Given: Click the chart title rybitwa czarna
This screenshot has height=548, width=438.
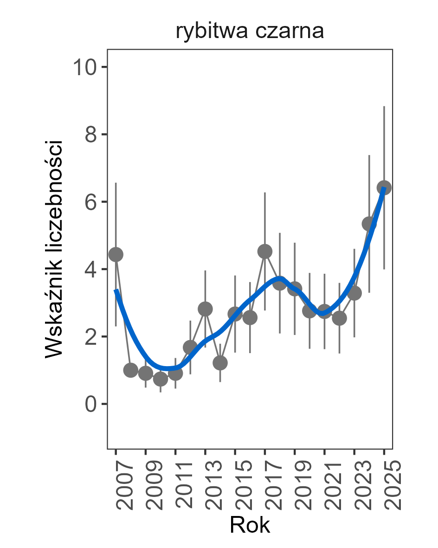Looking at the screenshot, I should pyautogui.click(x=250, y=32).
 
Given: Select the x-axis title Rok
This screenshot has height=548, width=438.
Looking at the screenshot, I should pyautogui.click(x=250, y=525).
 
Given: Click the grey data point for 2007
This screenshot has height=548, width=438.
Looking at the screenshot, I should pyautogui.click(x=116, y=254).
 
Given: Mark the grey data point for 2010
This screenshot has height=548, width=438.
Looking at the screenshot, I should pyautogui.click(x=161, y=379).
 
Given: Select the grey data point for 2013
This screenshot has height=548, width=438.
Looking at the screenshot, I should pyautogui.click(x=206, y=309).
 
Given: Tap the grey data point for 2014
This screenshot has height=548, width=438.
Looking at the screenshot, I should pyautogui.click(x=220, y=363).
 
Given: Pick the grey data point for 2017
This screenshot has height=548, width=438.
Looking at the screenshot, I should pyautogui.click(x=265, y=251).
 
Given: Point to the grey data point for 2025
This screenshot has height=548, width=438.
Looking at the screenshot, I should pyautogui.click(x=384, y=187).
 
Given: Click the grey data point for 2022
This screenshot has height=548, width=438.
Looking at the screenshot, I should pyautogui.click(x=339, y=318).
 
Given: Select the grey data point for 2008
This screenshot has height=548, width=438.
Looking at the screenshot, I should pyautogui.click(x=131, y=370).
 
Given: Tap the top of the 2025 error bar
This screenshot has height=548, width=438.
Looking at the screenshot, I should pyautogui.click(x=384, y=106).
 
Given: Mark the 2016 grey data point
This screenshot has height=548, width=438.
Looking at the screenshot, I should pyautogui.click(x=250, y=317).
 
